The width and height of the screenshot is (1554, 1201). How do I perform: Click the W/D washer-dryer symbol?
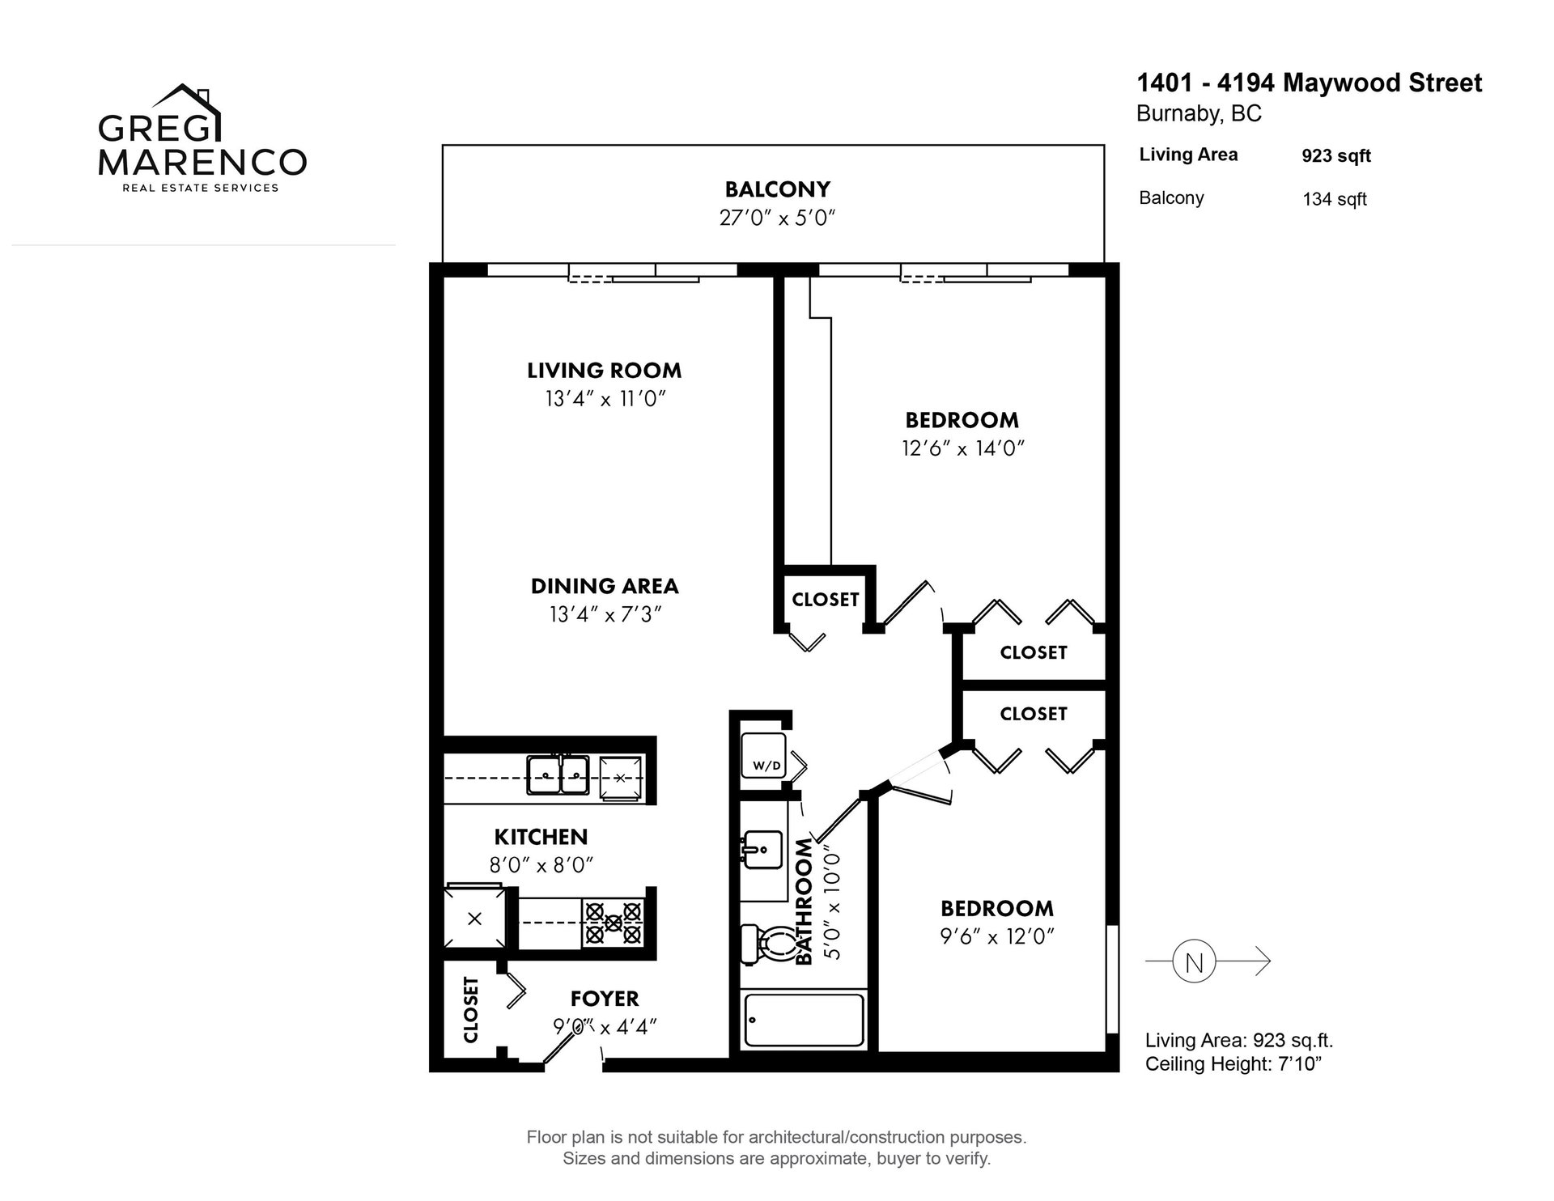pos(762,756)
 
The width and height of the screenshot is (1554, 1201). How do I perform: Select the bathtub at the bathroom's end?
pos(804,1021)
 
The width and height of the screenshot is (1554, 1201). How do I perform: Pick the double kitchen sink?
pos(558,774)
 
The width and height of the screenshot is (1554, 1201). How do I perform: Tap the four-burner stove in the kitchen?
pos(613,923)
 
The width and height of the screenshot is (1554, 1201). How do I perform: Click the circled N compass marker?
pos(1194,961)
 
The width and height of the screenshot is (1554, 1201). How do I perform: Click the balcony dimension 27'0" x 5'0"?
pos(777,219)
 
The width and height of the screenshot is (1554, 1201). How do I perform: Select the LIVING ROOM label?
pos(605,371)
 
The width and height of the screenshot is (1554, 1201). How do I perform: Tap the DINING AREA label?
pos(605,586)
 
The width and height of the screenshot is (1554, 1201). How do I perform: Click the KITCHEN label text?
pos(541,836)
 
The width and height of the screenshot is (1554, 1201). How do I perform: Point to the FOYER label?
pos(605,999)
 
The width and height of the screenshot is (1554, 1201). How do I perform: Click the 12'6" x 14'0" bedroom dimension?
pos(963,448)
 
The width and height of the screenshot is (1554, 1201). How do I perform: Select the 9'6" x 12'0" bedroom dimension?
pos(997,936)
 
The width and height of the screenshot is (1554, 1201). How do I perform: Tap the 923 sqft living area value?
pos(1336,156)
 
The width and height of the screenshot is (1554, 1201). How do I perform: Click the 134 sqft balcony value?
pos(1335,199)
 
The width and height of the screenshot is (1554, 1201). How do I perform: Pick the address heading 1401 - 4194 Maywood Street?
pos(1310,83)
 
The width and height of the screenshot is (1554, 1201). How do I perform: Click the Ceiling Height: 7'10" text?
pos(1233,1063)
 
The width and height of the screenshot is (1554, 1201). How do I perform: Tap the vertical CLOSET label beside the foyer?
pos(470,1009)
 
